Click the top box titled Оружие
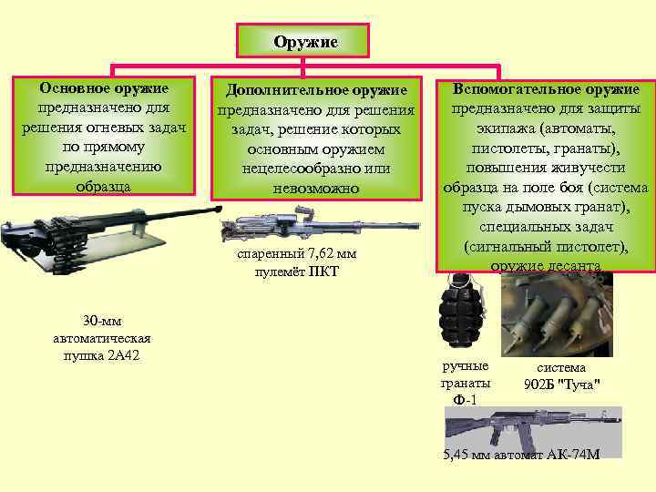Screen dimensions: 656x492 point(303,42)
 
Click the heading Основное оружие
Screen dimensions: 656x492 point(104,88)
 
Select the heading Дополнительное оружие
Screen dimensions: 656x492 point(315,90)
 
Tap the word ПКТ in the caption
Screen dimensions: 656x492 point(325,271)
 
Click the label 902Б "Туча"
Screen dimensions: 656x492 point(561,384)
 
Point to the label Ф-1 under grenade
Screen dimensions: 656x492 point(465,400)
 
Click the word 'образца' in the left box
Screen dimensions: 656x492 point(104,186)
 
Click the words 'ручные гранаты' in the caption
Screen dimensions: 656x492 point(465,374)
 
